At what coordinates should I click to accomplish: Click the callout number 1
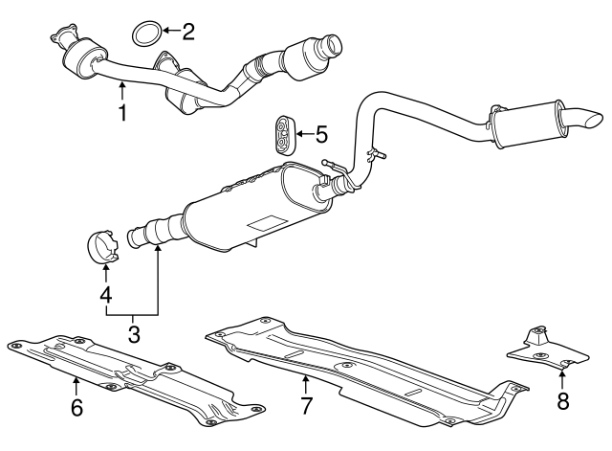click(x=121, y=114)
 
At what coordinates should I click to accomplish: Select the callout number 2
click(x=187, y=32)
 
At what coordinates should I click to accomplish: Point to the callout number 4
click(x=105, y=295)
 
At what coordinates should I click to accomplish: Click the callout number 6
click(x=76, y=408)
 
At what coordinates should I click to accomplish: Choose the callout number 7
click(x=306, y=405)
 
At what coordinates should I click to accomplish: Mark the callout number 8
click(x=562, y=402)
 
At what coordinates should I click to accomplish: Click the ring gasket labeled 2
click(x=144, y=34)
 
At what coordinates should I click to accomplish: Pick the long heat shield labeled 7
click(x=363, y=369)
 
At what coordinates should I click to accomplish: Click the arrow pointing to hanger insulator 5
click(x=305, y=133)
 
